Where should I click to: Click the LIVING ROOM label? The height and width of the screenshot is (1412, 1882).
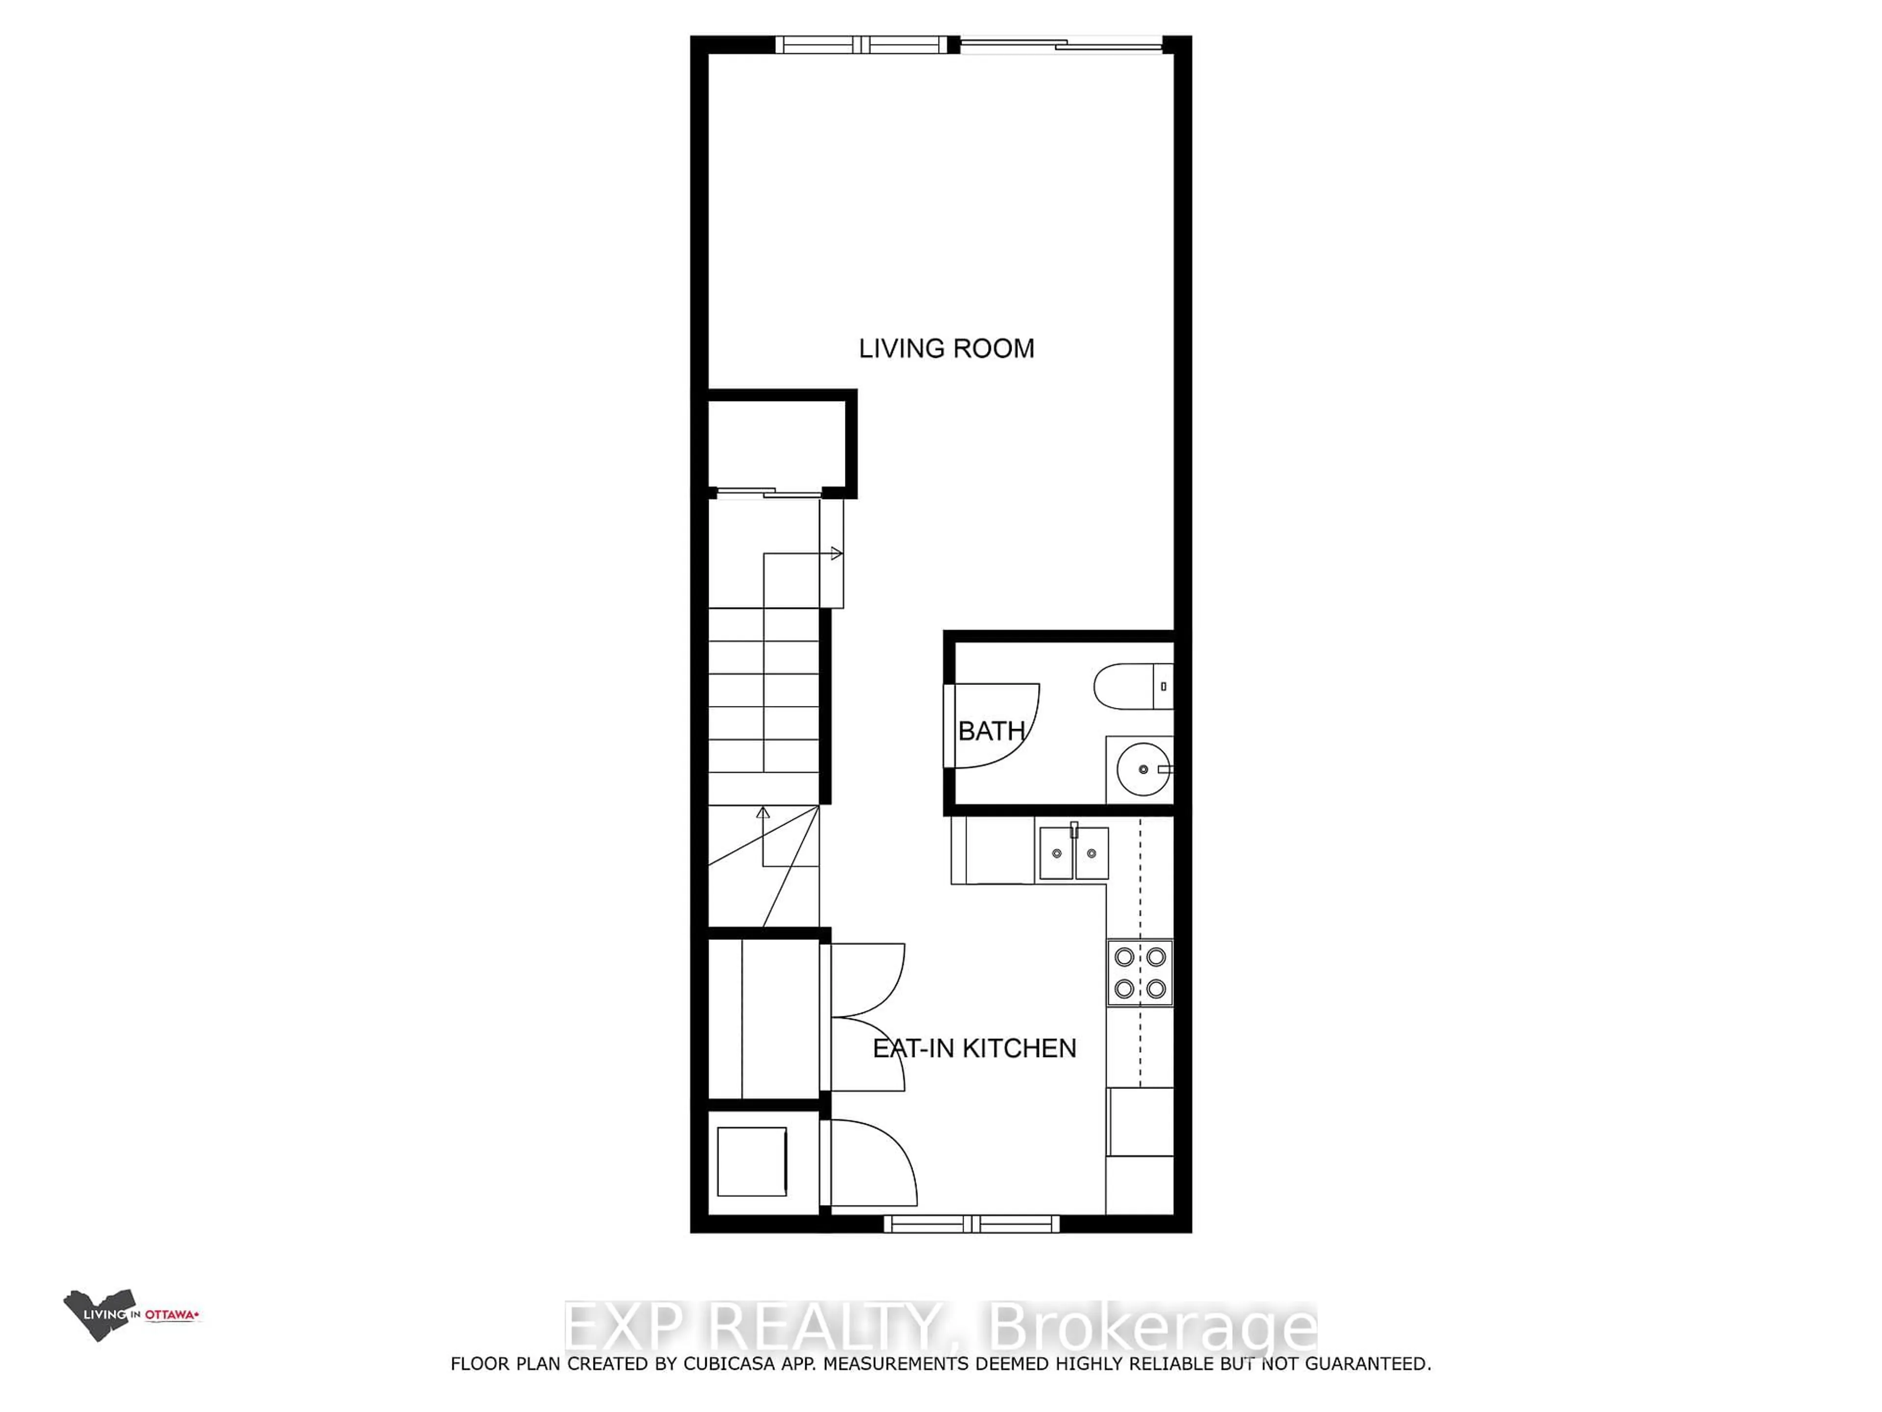coord(946,348)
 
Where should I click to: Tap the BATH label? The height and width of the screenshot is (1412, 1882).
coord(991,730)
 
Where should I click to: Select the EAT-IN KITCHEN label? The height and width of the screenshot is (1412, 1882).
coord(974,1048)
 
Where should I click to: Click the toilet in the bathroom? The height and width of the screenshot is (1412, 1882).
coord(1132,686)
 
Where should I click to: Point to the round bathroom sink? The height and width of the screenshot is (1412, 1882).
coord(1142,769)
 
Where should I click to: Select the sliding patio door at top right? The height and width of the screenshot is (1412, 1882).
coord(1061,44)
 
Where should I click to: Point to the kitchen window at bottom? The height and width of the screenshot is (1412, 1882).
coord(971,1224)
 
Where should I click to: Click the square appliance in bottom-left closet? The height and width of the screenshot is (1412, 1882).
coord(751,1162)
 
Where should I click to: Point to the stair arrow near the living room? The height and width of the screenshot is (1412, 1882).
coord(836,553)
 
